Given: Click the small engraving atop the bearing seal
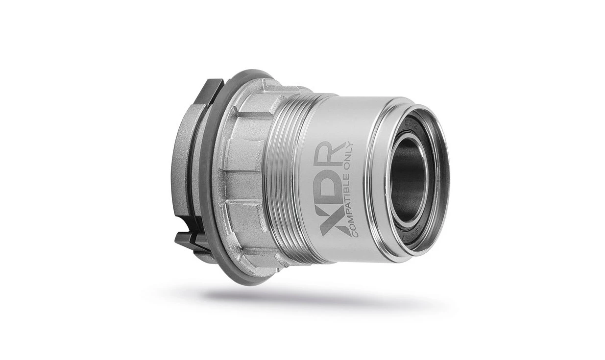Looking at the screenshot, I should [408, 120].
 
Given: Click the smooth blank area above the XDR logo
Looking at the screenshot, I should [333, 118].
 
